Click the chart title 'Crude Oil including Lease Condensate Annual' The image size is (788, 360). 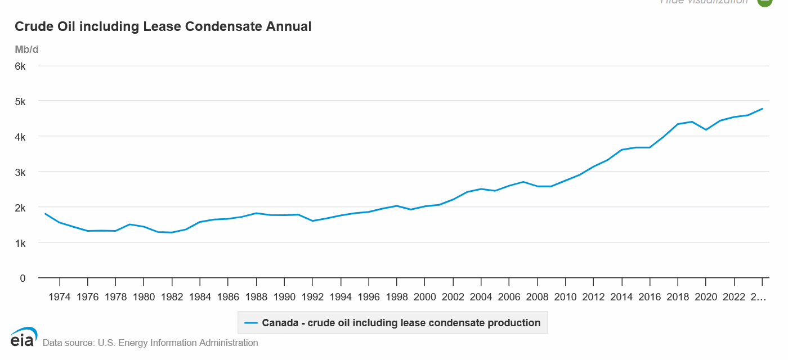(x=163, y=26)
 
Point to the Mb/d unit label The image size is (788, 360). (x=26, y=49)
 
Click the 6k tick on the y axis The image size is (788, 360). (x=20, y=66)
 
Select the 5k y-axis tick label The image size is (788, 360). (x=20, y=101)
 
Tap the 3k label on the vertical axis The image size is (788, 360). (x=20, y=172)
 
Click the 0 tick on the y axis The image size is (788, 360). (x=23, y=278)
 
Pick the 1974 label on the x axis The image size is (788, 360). (x=59, y=297)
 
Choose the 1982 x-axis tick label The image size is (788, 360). (x=172, y=297)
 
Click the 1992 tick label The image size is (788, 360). (x=312, y=297)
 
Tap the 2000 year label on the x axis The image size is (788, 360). (x=425, y=297)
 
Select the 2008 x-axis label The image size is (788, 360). (x=538, y=297)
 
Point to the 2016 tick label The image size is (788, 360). (x=650, y=297)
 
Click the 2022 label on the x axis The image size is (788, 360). (x=734, y=297)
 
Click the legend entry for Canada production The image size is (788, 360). (x=401, y=323)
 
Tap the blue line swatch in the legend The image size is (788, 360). (x=251, y=323)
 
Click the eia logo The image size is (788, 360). (x=24, y=337)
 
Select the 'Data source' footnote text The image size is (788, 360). (x=150, y=343)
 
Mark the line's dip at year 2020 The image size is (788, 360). (x=706, y=130)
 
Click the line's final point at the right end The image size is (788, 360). (x=762, y=109)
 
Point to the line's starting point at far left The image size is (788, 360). (x=46, y=214)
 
